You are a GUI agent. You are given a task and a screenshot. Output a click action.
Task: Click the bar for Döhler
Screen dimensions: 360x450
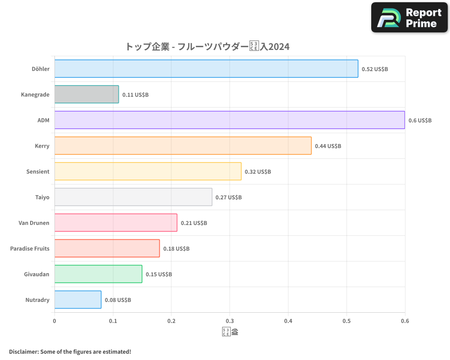tap(206, 69)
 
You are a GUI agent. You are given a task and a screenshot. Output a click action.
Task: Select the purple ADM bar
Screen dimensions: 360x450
tap(229, 120)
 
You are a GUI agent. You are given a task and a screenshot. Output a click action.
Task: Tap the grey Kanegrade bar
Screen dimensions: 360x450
tap(86, 94)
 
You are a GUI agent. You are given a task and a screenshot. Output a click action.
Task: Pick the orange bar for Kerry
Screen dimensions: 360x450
tap(183, 146)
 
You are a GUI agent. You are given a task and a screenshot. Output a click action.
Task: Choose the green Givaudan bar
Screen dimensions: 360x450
tap(98, 274)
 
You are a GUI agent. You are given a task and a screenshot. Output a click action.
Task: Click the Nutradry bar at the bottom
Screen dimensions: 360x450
tap(77, 300)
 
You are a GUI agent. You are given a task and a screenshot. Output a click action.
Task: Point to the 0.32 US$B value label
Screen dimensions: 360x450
tap(258, 172)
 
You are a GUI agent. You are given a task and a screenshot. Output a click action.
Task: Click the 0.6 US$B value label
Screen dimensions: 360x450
tap(420, 121)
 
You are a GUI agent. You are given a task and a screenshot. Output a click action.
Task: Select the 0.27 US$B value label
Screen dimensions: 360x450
tap(229, 198)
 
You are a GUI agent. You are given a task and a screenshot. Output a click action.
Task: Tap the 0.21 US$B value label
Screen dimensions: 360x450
tap(194, 223)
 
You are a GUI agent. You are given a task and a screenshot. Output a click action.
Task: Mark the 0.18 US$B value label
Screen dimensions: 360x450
tap(176, 249)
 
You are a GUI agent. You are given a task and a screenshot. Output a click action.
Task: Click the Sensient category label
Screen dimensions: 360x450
tap(38, 171)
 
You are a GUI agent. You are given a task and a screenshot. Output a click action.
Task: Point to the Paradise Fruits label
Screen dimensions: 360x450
tap(30, 248)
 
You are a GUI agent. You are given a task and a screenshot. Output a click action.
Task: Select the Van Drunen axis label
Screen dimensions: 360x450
tap(34, 223)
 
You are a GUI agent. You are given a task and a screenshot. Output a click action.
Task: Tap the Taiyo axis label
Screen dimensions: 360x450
tap(42, 197)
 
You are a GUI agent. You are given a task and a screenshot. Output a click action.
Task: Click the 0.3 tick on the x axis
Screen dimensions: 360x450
tap(229, 321)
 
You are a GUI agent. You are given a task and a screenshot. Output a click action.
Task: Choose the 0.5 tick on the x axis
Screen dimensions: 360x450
tap(346, 321)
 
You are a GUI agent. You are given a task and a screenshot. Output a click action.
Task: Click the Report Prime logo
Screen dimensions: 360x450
tap(409, 18)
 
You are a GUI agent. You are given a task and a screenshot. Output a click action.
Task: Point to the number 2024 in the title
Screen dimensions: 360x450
tap(279, 47)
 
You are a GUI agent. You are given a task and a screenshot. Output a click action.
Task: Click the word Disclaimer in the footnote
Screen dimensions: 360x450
tap(23, 351)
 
